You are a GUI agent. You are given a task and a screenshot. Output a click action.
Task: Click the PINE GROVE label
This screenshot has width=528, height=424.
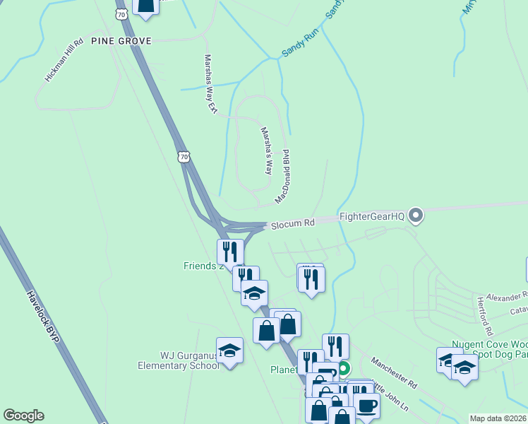[121, 42]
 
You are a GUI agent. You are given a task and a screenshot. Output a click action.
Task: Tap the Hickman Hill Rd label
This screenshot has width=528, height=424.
[64, 65]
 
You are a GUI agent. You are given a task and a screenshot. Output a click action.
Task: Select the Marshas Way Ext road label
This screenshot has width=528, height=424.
[210, 84]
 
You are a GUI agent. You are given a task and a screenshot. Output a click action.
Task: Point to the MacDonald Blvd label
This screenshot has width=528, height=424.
[284, 177]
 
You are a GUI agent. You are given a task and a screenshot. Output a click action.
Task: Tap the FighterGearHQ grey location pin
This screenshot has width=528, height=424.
[416, 216]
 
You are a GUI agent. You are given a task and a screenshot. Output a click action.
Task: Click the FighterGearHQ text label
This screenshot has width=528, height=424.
[372, 216]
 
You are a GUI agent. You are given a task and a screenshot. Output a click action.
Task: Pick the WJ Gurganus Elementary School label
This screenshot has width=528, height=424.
[179, 360]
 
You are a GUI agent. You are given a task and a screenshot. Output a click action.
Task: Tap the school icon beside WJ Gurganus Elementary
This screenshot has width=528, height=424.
[229, 351]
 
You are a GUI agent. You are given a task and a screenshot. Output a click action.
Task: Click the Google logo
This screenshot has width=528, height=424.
[23, 416]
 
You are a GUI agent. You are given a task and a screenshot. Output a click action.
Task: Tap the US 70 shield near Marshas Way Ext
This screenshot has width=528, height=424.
[184, 156]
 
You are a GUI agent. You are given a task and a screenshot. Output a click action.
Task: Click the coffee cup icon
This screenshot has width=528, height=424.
[366, 406]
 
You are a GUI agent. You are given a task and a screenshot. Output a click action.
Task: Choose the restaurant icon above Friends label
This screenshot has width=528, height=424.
[230, 252]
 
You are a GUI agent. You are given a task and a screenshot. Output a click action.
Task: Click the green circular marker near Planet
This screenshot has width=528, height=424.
[344, 368]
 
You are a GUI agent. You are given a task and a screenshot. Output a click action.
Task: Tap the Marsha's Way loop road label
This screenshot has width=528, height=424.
[266, 151]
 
